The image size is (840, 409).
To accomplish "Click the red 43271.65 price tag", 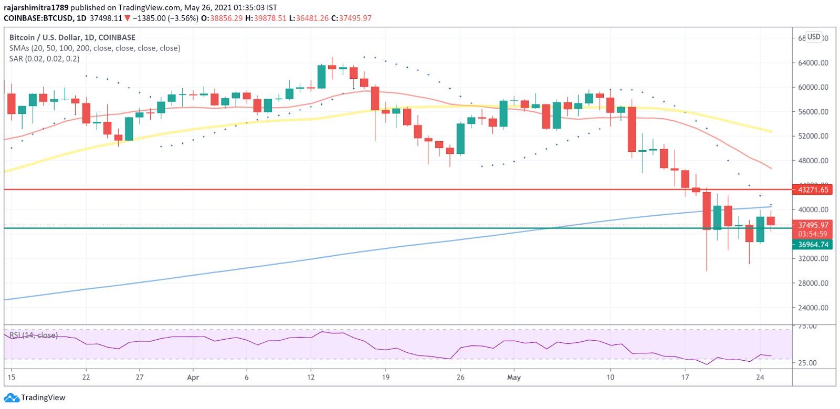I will click(x=813, y=190).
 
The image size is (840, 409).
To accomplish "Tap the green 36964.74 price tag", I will click(x=813, y=245).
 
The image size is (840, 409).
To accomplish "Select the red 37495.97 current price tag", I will click(x=813, y=225).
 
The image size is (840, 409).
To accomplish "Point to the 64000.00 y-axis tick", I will click(x=813, y=63).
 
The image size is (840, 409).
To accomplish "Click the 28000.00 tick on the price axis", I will click(x=813, y=284).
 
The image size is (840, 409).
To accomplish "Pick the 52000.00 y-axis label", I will click(x=813, y=136).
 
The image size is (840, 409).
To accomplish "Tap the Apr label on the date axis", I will click(x=193, y=377).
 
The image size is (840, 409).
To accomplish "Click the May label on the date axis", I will click(x=514, y=377).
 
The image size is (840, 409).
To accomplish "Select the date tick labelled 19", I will click(x=386, y=377).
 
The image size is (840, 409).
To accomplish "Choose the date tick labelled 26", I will click(x=460, y=377).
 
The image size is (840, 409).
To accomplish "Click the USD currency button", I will click(x=814, y=37).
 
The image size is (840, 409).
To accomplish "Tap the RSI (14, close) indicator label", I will click(x=34, y=335).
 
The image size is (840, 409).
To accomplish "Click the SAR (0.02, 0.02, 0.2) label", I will click(x=44, y=59).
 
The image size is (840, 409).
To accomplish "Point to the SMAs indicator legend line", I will click(x=94, y=48).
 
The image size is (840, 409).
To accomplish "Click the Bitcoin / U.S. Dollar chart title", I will click(x=72, y=38).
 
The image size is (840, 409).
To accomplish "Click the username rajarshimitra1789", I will click(x=36, y=8).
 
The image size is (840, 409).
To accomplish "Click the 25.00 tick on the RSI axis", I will click(x=807, y=363).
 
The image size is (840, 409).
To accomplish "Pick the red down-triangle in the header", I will click(x=127, y=18).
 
